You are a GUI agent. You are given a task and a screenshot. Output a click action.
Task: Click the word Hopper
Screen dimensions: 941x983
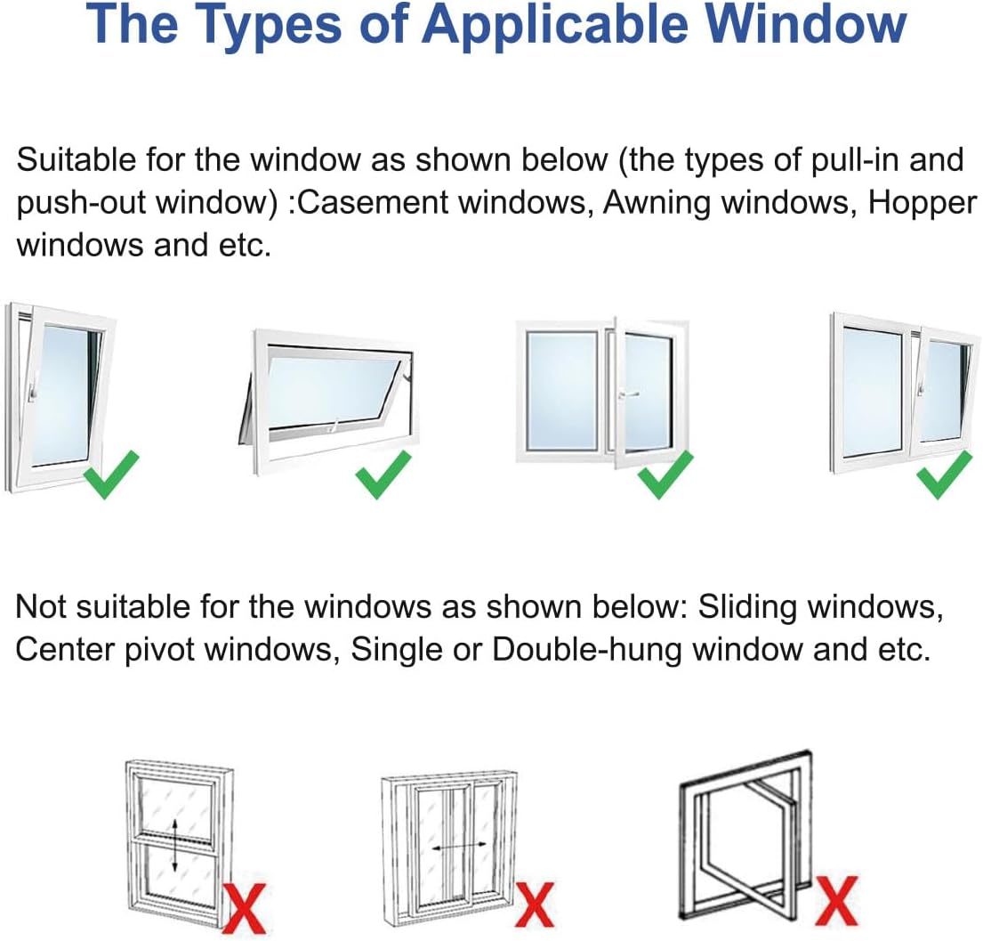pos(922,203)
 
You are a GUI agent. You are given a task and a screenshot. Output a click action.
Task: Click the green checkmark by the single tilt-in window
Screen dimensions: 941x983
pos(111,474)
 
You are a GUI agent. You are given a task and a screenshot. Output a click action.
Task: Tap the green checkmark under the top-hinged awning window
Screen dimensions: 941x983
pos(383,474)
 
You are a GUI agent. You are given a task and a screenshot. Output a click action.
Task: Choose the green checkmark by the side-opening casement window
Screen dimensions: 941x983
pos(666,474)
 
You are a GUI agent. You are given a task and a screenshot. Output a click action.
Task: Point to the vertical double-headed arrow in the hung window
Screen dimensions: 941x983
pos(176,846)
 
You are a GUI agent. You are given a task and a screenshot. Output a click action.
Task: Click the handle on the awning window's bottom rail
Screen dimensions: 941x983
pos(331,426)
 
